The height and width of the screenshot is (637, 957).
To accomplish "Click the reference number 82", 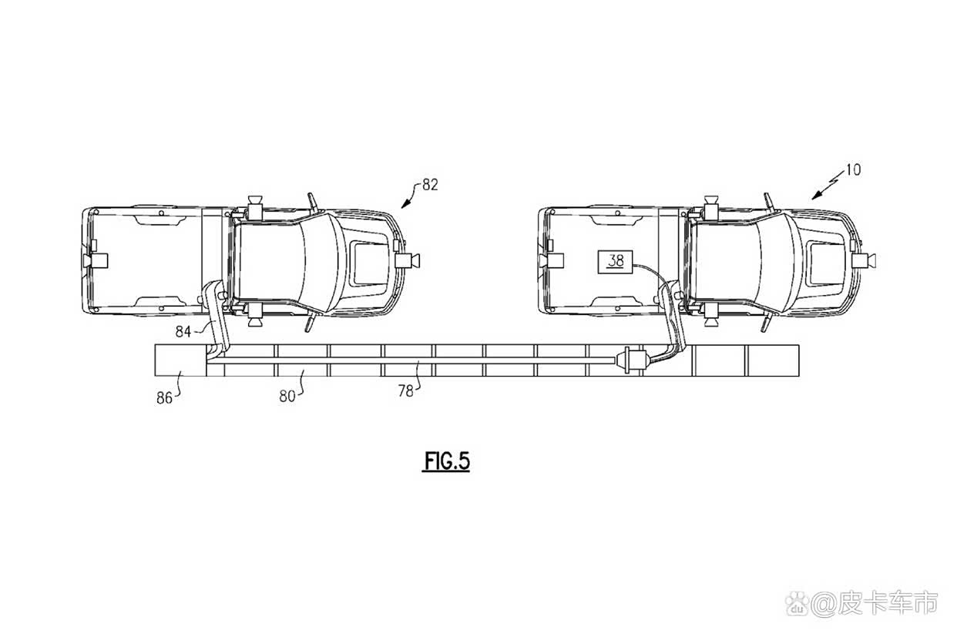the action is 430,185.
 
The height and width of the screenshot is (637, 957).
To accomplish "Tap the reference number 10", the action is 853,170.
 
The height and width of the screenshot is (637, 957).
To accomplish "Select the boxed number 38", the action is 615,261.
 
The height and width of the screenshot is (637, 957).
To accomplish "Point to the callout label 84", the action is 183,331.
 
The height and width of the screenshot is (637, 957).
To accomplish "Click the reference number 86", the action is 164,398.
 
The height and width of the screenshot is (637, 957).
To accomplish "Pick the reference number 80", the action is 287,397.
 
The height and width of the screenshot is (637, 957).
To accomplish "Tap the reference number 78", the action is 406,391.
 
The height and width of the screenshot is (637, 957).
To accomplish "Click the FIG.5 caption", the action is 447,461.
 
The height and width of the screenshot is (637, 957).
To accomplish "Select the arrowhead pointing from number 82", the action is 405,205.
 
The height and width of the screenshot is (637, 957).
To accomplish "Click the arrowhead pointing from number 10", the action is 817,196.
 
